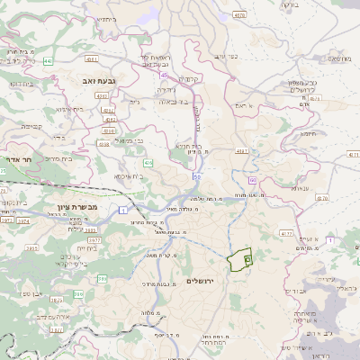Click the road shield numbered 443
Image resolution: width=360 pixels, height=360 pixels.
49,61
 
